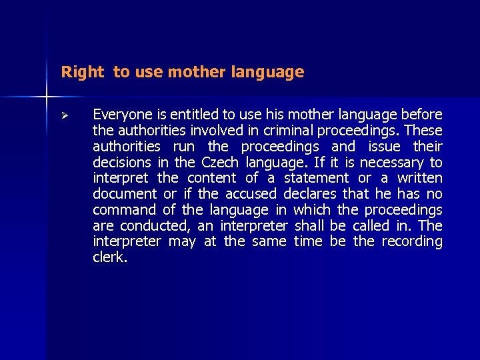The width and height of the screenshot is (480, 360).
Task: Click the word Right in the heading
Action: click(83, 72)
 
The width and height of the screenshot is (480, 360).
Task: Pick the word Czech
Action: click(219, 162)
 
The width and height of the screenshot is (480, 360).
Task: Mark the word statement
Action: click(316, 178)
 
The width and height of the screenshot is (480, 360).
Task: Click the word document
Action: click(125, 194)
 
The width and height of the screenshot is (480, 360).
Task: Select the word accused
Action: click(251, 194)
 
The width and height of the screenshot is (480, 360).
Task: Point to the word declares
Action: click(310, 194)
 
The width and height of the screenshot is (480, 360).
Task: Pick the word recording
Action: click(411, 241)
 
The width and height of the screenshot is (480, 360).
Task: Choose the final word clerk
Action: click(109, 257)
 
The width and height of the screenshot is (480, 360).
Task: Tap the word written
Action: click(419, 178)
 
